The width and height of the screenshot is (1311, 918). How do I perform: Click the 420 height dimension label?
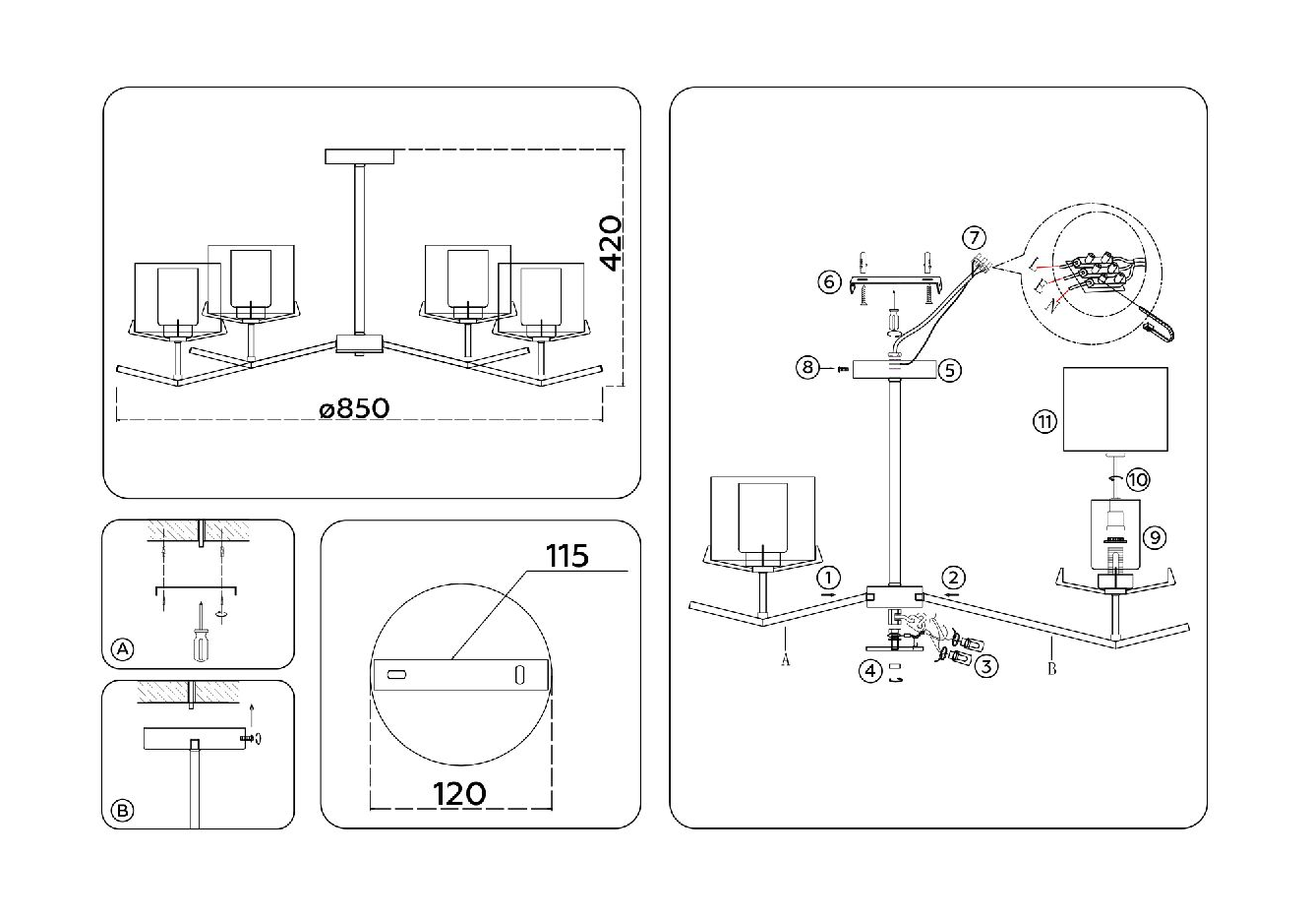pos(612,244)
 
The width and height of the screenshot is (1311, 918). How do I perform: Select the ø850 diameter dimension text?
pos(354,408)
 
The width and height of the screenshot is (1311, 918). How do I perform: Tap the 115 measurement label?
pos(567,556)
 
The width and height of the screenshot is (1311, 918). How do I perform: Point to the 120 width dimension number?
pos(459,794)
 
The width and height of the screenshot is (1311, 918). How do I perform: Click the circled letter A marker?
pos(123,648)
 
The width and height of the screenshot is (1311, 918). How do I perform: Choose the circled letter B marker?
pos(123,811)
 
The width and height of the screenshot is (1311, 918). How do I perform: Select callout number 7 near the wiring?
pos(974,238)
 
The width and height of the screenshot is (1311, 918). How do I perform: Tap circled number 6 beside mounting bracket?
pos(829,282)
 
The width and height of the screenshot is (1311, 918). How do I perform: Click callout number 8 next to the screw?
pos(807,368)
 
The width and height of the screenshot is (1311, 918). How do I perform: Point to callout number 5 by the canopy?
pos(949,370)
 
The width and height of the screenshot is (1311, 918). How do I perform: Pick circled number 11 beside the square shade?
pos(1044,421)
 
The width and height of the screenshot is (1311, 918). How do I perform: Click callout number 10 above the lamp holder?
pos(1138,480)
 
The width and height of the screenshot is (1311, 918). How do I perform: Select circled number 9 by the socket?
pos(1155,537)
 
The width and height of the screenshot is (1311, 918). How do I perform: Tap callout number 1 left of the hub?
pos(828,578)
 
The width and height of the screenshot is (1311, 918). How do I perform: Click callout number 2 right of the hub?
pos(953,578)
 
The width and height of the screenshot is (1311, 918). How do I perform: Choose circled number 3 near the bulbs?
pos(986,666)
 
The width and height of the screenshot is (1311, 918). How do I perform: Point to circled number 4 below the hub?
pos(870,671)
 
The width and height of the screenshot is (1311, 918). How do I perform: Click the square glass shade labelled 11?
pos(1115,409)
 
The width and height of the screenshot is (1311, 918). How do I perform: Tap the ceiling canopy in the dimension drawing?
pos(359,156)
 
